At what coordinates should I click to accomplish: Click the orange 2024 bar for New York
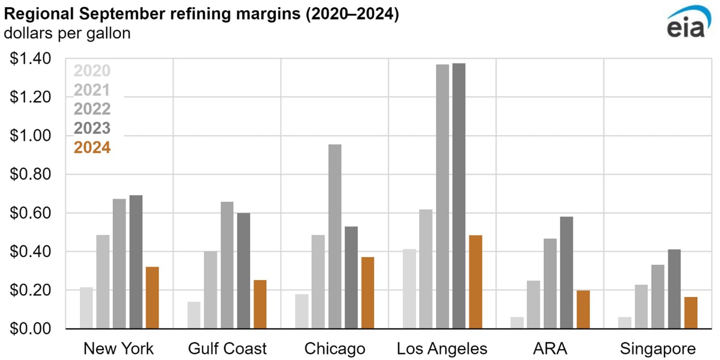[153, 298]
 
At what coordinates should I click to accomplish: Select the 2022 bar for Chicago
[335, 236]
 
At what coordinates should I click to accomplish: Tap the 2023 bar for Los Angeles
[459, 196]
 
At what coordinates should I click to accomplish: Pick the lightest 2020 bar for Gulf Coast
[194, 315]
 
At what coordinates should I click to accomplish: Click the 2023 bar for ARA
[566, 273]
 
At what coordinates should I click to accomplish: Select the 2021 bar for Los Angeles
[426, 269]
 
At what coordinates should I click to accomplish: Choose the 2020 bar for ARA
[517, 323]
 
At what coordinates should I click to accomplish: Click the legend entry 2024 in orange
[92, 147]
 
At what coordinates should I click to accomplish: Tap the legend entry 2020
[92, 71]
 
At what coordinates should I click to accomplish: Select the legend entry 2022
[92, 109]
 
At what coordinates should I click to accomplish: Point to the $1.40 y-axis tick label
[31, 59]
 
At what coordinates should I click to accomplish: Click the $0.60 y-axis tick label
[31, 213]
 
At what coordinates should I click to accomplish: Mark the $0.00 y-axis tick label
[31, 329]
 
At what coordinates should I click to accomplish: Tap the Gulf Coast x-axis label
[228, 348]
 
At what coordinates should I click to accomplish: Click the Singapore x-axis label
[658, 348]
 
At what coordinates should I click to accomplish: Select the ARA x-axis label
[550, 348]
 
